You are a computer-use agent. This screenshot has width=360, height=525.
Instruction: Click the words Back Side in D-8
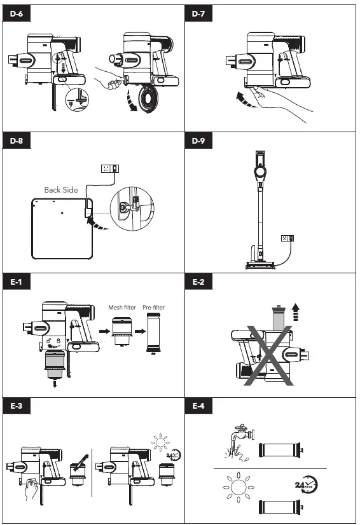coord(61,189)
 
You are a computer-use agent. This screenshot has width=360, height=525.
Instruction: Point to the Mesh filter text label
coord(121,308)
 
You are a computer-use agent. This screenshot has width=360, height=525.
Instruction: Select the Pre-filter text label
coord(153,308)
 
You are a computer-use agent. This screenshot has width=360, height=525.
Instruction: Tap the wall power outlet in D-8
coord(109,168)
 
